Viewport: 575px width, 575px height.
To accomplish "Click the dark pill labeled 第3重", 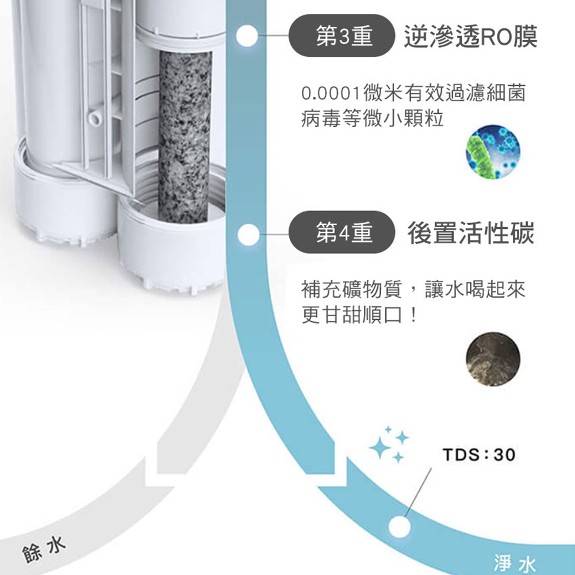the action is click(x=342, y=36).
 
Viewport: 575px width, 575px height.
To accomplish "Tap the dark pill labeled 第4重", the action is click(x=342, y=232).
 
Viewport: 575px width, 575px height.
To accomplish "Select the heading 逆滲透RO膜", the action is click(x=471, y=37).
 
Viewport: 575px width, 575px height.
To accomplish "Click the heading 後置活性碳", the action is click(x=471, y=233).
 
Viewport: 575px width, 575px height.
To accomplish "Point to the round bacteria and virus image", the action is click(x=493, y=151).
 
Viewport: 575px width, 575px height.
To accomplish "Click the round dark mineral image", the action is click(x=493, y=359).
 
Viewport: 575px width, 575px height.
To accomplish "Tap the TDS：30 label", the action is click(x=480, y=455).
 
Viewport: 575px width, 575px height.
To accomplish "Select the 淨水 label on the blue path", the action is click(x=515, y=563).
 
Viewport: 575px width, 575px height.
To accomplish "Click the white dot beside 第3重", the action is click(x=247, y=36).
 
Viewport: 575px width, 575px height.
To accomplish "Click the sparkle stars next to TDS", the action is click(x=389, y=444).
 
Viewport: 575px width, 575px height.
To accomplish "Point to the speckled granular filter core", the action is click(x=185, y=136).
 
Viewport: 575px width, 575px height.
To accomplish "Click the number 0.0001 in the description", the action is click(x=331, y=94).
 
